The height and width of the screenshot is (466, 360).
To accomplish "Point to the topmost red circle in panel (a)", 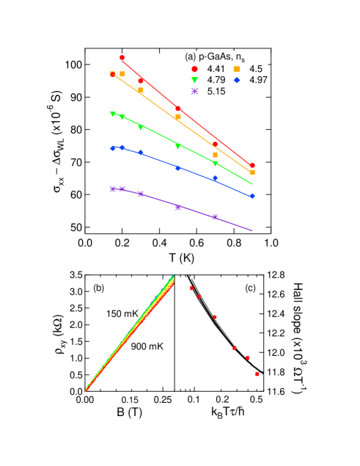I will [122, 57].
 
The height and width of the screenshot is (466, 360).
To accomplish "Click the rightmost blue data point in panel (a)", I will [252, 196].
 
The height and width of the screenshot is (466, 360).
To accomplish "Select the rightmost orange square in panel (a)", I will [252, 172].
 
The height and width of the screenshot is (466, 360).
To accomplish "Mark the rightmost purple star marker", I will [215, 216].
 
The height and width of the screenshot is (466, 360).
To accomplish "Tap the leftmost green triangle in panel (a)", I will [113, 114].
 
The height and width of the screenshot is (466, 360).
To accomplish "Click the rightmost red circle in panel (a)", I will [252, 165].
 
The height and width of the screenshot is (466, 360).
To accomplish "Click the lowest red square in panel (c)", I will [257, 374].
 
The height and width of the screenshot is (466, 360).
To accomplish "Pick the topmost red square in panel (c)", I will [191, 288].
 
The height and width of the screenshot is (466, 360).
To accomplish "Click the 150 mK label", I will [122, 313].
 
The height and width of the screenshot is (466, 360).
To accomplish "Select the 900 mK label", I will [147, 346].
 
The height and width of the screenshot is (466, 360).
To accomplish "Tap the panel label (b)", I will [100, 288].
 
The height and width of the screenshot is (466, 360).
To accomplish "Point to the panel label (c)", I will [250, 288].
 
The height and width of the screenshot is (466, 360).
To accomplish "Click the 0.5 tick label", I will [256, 399].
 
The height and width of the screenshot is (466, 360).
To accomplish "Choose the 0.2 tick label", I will [222, 399].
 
